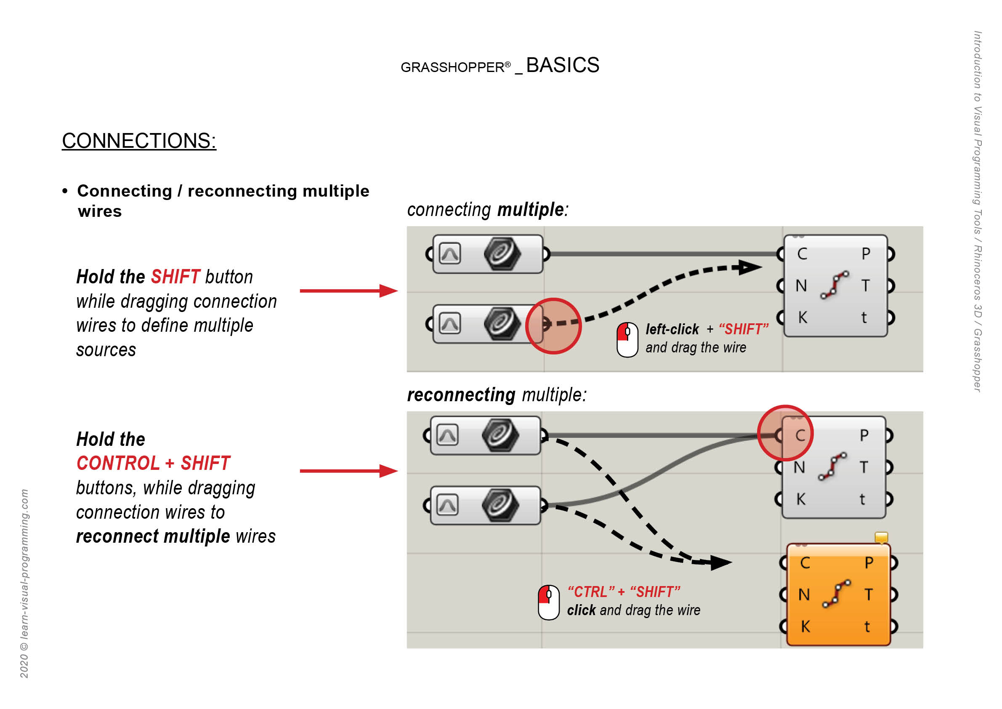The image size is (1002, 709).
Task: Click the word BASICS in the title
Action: [x=563, y=65]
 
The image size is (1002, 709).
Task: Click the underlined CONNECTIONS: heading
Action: [x=139, y=141]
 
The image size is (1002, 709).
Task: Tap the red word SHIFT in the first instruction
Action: [x=175, y=277]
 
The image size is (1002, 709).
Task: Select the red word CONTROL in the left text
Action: [x=118, y=463]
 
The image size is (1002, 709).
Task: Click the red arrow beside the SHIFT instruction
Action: [x=349, y=291]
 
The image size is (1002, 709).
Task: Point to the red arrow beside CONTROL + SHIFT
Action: [x=349, y=471]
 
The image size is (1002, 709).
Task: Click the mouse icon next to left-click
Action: [x=627, y=340]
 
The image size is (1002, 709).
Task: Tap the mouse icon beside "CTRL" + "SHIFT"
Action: [x=549, y=602]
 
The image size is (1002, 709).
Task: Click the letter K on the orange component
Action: [x=805, y=626]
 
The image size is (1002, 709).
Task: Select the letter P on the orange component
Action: [x=869, y=563]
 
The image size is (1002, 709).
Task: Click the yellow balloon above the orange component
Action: [x=881, y=537]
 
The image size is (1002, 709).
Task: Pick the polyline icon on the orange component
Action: [x=836, y=594]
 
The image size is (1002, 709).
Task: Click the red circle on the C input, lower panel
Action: [x=785, y=433]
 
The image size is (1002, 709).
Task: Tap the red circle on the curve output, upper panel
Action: [x=553, y=326]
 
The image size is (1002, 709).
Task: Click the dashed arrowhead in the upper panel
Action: [x=750, y=267]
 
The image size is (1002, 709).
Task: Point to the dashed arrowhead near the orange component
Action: [x=720, y=562]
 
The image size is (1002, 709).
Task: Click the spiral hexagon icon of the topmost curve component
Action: [x=502, y=253]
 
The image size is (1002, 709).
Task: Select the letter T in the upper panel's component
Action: [x=865, y=285]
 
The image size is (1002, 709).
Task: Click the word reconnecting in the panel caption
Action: [x=461, y=395]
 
